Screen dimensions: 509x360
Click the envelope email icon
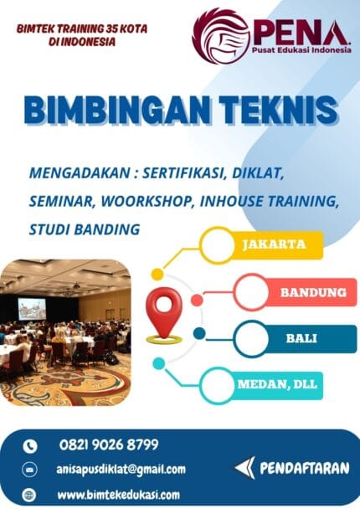click(x=30, y=470)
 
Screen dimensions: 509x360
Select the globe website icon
click(x=30, y=494)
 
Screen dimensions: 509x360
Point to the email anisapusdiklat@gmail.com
click(x=122, y=470)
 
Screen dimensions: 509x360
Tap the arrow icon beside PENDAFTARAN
click(x=244, y=467)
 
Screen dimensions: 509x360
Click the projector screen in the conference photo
click(x=33, y=306)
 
